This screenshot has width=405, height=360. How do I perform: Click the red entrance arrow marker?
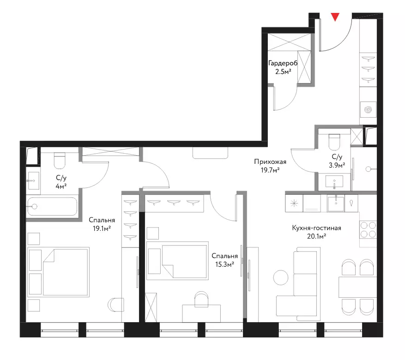(335, 17)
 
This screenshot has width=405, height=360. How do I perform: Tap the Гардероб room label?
(283, 63)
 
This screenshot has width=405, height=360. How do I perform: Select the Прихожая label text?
(270, 162)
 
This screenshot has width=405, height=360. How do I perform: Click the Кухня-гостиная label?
(316, 228)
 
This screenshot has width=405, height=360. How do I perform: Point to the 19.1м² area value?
(102, 228)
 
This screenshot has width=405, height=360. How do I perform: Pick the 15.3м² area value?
(225, 264)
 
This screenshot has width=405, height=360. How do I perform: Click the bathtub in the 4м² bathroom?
(52, 206)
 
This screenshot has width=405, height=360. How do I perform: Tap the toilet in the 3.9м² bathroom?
(334, 142)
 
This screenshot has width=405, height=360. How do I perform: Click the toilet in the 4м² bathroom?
(60, 160)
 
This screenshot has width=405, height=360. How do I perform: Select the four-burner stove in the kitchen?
(368, 230)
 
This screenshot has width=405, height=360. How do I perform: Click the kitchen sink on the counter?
(336, 204)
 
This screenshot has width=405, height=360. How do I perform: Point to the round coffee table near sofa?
(281, 278)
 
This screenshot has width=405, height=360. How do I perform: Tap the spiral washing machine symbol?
(368, 110)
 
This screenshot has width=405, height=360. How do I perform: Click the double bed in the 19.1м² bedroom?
(58, 272)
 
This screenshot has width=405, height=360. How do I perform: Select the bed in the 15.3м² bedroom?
(177, 261)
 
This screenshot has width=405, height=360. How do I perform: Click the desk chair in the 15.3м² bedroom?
(201, 300)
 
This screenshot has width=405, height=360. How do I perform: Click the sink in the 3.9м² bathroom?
(334, 181)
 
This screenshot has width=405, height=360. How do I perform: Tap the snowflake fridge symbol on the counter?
(294, 204)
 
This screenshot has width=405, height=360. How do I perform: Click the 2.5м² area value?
(284, 72)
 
